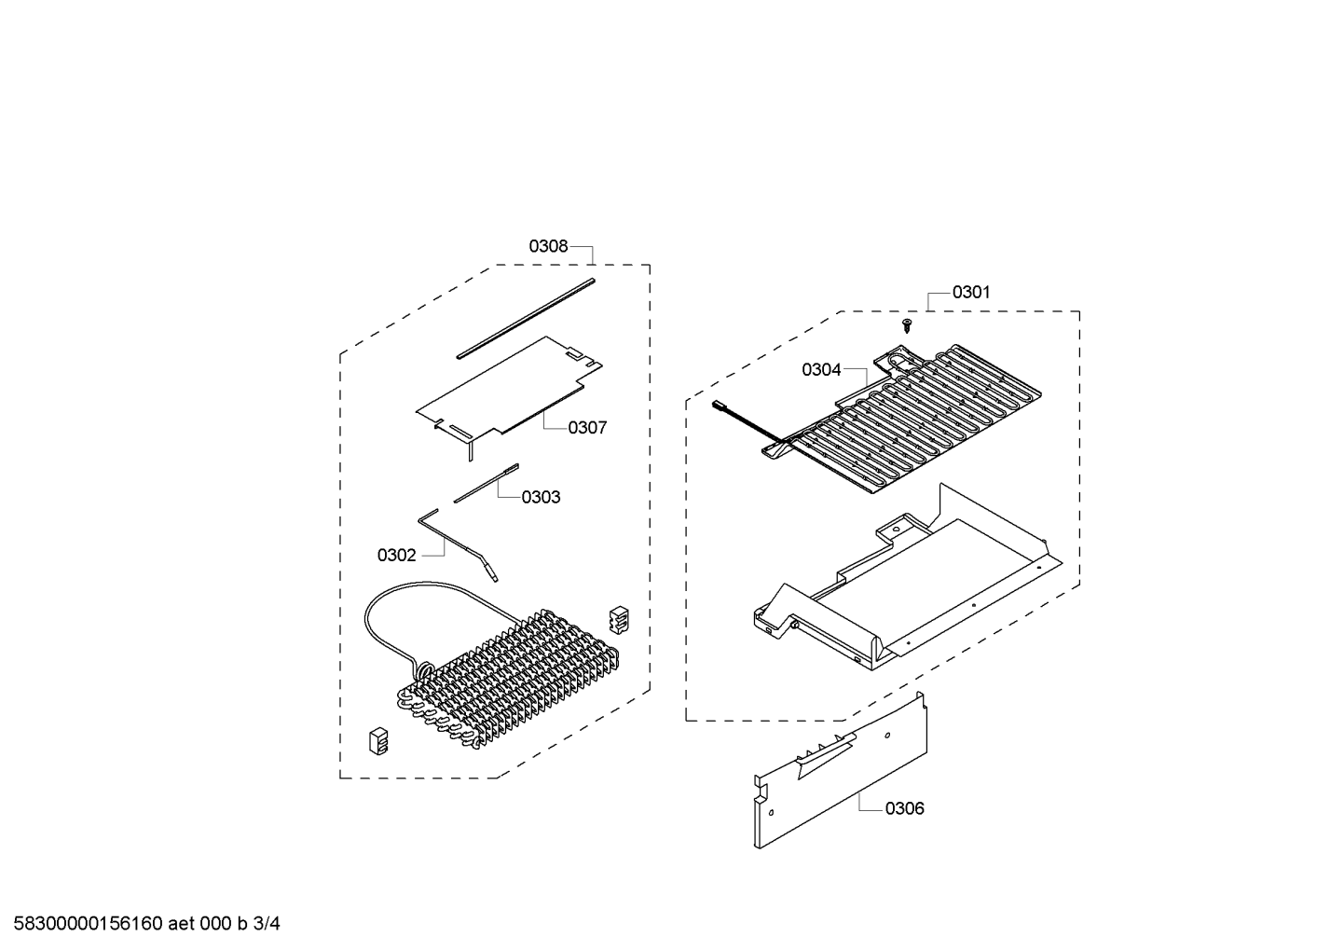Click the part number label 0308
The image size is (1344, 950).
548,246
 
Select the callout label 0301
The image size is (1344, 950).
971,292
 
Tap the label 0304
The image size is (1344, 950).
821,370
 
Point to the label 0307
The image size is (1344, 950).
587,428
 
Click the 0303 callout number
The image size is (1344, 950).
541,498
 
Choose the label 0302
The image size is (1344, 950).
397,556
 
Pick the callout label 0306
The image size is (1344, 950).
905,809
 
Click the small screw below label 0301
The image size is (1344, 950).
907,326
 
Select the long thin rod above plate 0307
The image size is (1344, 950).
526,318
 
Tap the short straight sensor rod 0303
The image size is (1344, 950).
486,483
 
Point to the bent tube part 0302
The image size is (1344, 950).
458,544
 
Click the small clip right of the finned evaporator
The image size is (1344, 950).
619,620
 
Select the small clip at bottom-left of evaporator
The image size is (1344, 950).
378,741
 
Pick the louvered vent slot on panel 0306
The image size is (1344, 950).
826,754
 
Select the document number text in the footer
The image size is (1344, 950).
147,924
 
